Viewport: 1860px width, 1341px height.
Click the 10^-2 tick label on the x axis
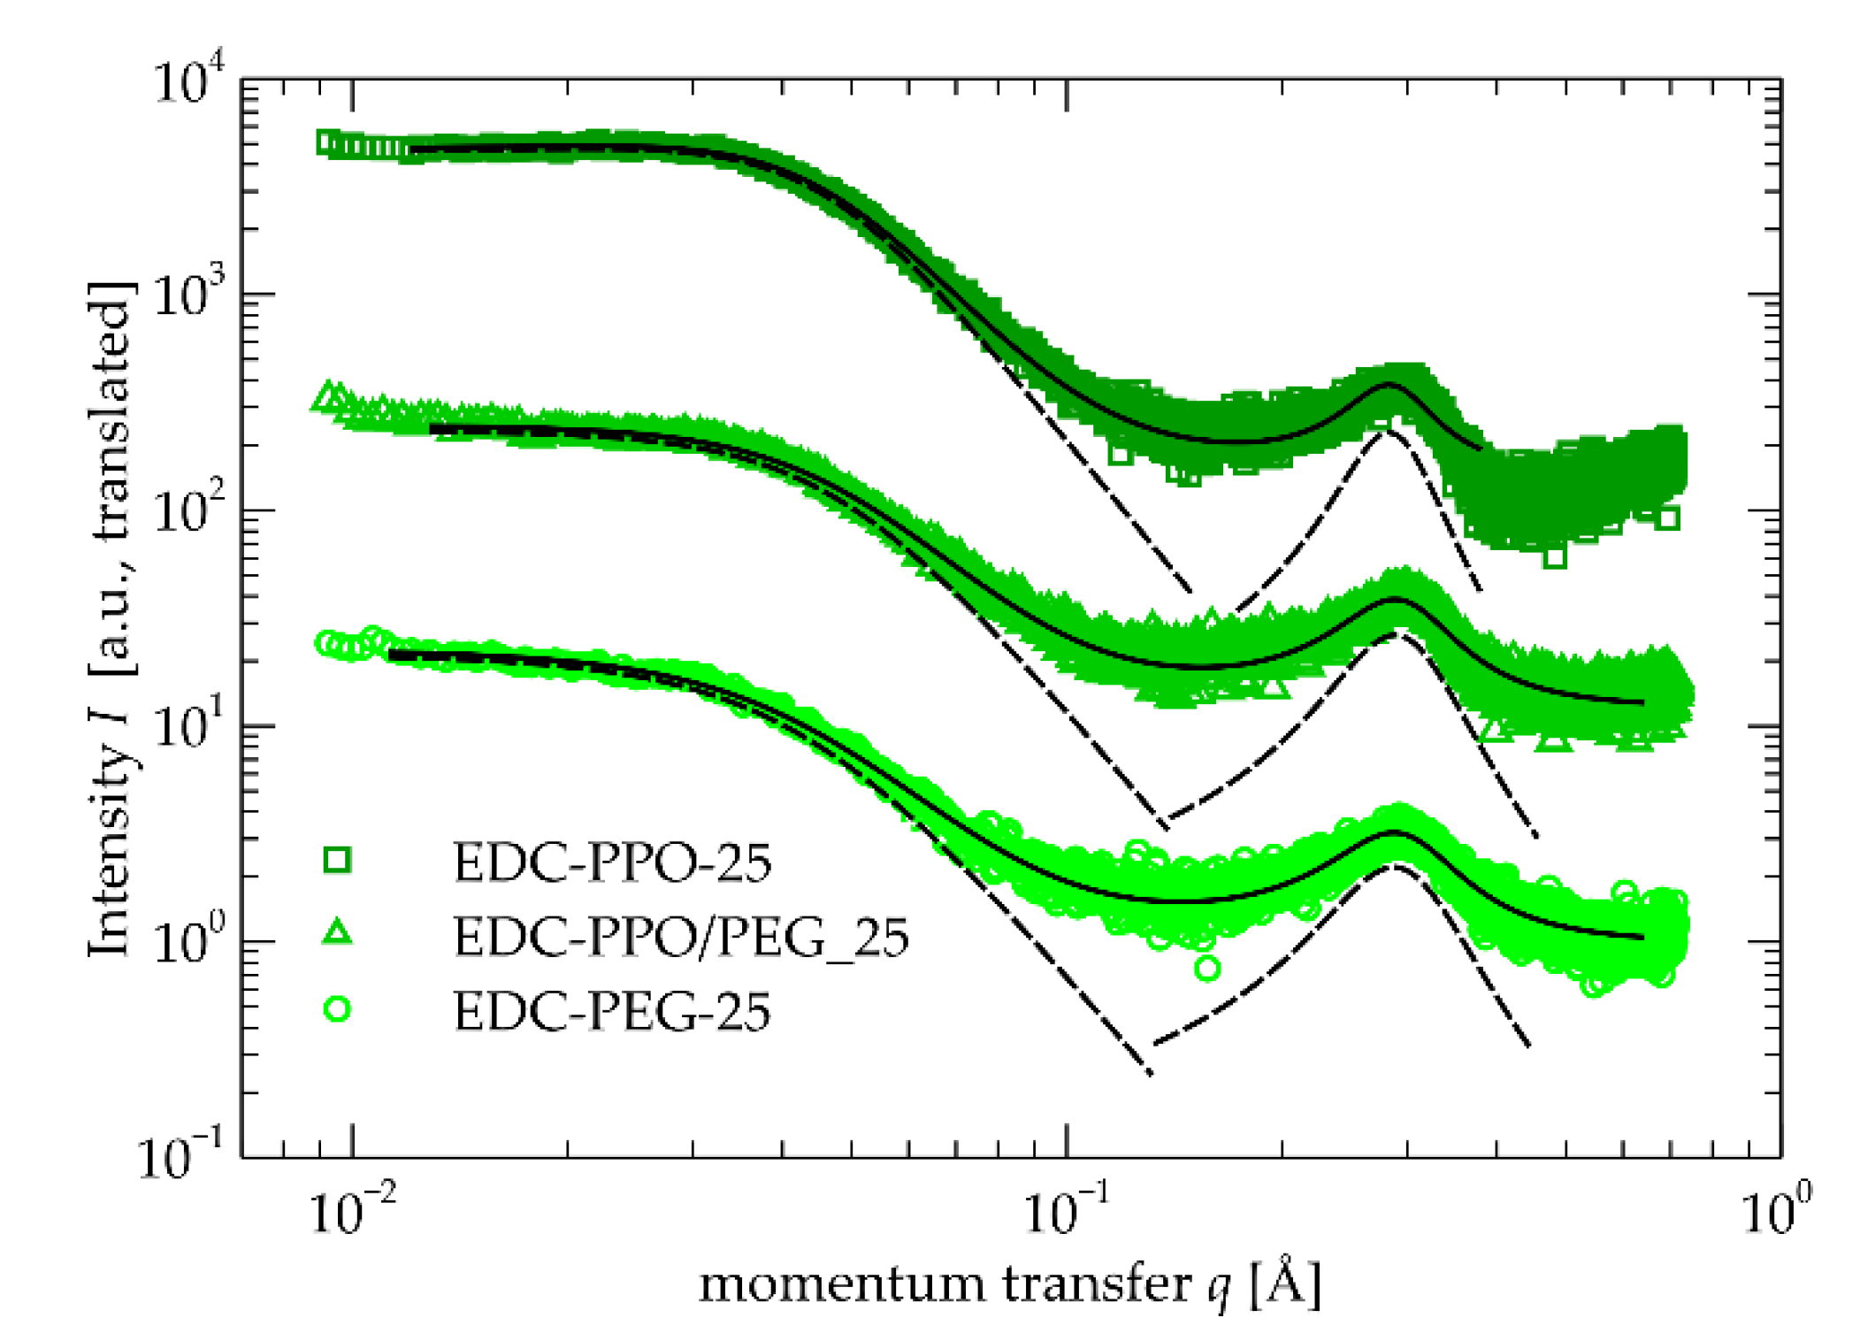click(x=352, y=1211)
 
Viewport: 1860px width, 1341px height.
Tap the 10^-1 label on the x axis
click(x=1067, y=1211)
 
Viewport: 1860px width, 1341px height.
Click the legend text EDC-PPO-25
click(x=612, y=862)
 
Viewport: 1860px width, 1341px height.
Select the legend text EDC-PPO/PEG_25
click(x=681, y=938)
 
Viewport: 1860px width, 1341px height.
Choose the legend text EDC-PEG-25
click(x=612, y=1012)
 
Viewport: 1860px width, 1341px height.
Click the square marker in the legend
click(x=337, y=859)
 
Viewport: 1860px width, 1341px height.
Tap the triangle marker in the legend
click(x=337, y=932)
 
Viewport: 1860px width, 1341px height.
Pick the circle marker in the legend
click(x=337, y=1009)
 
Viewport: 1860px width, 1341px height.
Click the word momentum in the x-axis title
click(x=841, y=1284)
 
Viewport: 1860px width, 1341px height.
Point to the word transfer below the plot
click(x=1097, y=1284)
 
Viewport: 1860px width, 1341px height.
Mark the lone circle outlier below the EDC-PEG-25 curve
click(x=1207, y=969)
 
